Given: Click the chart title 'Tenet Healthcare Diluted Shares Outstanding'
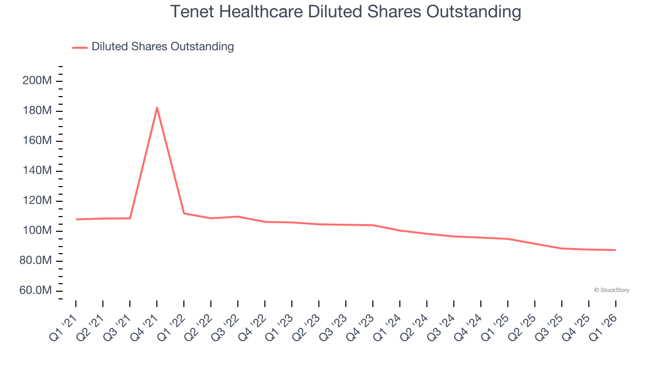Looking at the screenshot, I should point(345,12).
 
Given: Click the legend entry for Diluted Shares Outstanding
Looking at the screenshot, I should point(162,47).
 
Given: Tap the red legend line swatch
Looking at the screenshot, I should point(80,47).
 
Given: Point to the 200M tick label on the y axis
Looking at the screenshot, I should point(37,81).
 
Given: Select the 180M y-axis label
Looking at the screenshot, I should point(37,111).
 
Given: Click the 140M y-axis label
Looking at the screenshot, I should point(37,171).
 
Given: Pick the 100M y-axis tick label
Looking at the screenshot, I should point(37,231).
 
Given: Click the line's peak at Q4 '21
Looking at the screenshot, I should point(157,108).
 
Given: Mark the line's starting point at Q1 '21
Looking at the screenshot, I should point(76,219).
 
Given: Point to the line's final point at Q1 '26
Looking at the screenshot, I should point(615,250).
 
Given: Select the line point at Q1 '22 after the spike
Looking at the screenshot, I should point(184,213).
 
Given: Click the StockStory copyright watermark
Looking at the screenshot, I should point(611,290).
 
